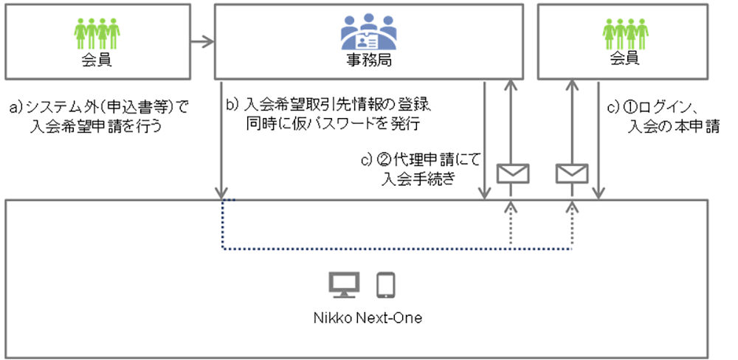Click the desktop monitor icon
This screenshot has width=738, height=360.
(343, 284)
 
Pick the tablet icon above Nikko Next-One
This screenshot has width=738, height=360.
(387, 284)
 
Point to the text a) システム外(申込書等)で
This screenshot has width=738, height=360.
(98, 108)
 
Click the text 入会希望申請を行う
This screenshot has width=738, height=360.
(97, 127)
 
